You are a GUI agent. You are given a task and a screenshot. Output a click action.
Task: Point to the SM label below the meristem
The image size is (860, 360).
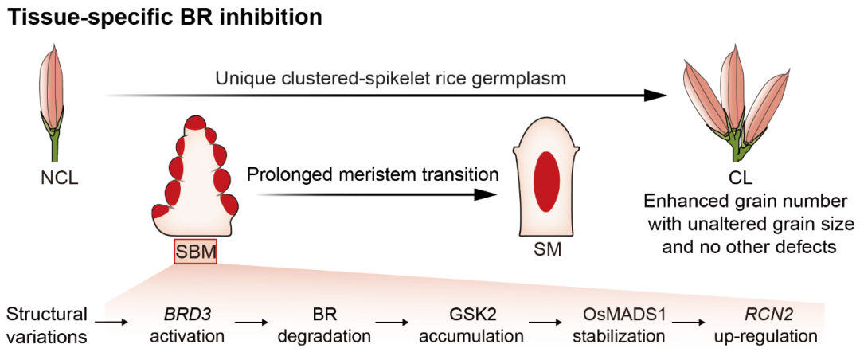(x=547, y=251)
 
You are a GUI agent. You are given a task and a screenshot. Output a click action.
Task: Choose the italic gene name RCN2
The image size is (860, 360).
(x=765, y=314)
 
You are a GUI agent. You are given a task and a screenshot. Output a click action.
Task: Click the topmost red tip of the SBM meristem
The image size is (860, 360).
(x=195, y=123)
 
